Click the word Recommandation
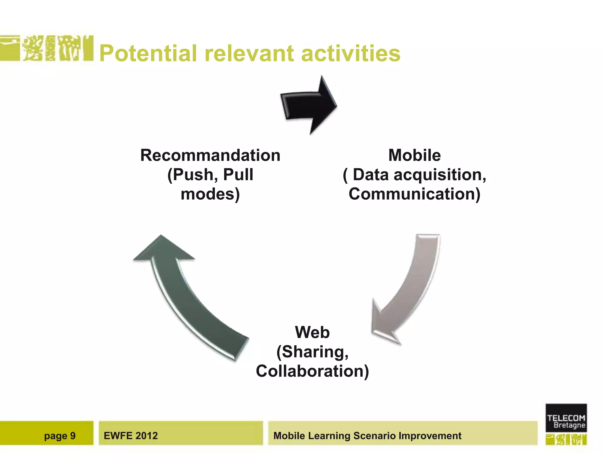[210, 155]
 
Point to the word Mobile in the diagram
[414, 155]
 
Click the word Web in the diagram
[312, 332]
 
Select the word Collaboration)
[312, 371]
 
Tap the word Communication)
[414, 194]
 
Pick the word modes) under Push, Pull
[210, 194]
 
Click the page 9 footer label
[60, 436]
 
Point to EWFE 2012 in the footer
[131, 436]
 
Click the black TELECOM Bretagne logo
[566, 418]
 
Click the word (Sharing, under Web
[312, 352]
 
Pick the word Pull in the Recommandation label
[238, 175]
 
